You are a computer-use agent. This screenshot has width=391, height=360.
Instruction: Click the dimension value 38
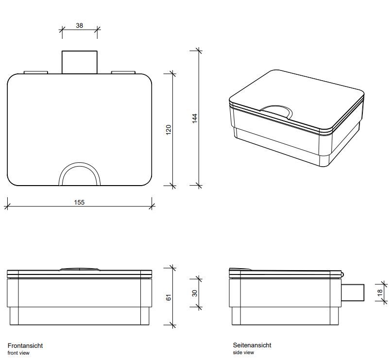(79, 25)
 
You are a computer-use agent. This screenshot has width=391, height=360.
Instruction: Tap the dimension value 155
(79, 202)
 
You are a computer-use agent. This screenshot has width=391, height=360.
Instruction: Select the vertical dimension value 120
(169, 130)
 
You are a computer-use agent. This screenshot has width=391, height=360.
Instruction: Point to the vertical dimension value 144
(195, 118)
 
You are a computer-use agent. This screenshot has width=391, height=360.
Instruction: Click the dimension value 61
(169, 297)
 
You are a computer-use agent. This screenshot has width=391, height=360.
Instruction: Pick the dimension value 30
(195, 293)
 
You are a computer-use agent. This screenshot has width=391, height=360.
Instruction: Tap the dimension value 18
(380, 292)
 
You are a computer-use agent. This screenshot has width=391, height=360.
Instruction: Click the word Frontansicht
(25, 345)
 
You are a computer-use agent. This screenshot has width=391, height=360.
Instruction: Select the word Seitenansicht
(252, 345)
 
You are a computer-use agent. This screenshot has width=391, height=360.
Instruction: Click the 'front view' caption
(18, 353)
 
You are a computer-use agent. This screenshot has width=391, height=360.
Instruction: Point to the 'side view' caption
(243, 352)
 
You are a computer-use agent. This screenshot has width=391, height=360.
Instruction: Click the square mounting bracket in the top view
(80, 62)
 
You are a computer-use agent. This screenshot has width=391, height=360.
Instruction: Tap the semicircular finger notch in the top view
(79, 174)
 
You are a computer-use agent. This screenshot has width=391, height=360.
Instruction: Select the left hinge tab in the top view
(35, 72)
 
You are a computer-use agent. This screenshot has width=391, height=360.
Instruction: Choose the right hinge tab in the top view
(123, 72)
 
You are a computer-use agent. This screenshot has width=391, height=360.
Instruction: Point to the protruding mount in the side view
(353, 292)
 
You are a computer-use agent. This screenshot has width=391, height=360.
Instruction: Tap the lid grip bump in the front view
(79, 269)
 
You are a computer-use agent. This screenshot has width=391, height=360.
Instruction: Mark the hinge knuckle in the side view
(342, 274)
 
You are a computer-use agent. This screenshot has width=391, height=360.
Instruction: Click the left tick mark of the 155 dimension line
(7, 206)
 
